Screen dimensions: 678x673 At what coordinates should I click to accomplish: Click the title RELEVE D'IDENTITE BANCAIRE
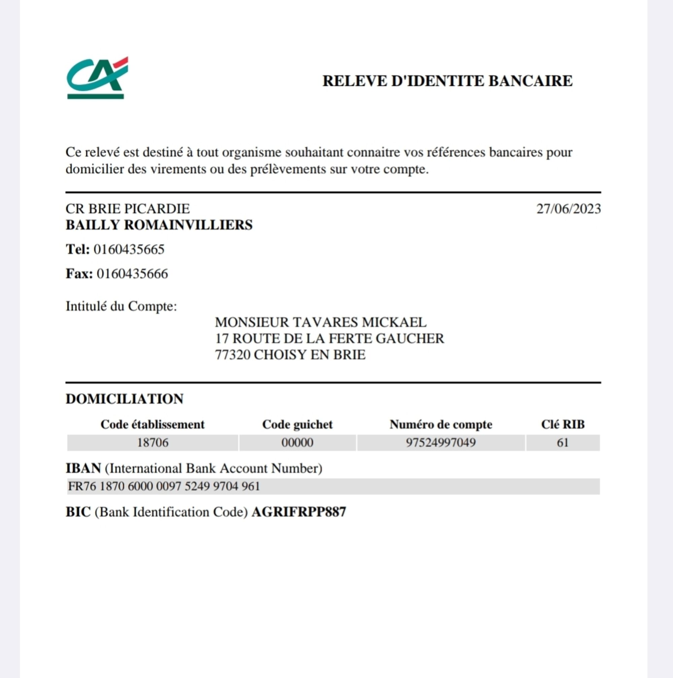448,81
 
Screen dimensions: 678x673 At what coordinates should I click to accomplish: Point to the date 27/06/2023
568,209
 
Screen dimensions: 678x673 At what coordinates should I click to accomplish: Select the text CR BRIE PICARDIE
128,209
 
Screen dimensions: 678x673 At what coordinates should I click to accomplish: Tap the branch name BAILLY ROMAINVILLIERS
159,225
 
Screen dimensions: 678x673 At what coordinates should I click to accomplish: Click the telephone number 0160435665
129,250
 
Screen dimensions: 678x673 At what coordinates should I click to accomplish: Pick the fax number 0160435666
132,274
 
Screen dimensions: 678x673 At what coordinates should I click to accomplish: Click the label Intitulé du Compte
121,307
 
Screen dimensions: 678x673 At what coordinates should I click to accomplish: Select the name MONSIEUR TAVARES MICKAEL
320,322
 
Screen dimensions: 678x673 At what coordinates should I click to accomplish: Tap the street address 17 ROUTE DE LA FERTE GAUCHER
329,338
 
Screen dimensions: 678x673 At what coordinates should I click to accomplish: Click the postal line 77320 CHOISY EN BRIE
290,355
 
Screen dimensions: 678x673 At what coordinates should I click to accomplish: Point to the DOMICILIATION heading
125,399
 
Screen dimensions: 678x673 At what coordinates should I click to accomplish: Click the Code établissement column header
152,425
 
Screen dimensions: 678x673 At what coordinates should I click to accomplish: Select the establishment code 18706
153,443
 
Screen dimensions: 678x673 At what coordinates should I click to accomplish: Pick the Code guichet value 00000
297,443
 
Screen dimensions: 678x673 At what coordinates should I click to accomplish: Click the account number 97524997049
441,443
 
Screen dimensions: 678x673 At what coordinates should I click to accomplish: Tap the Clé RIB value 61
563,443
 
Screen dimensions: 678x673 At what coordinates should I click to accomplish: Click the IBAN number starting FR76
164,487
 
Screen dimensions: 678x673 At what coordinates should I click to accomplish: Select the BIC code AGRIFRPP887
298,512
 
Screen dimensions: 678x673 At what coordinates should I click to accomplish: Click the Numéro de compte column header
441,425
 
